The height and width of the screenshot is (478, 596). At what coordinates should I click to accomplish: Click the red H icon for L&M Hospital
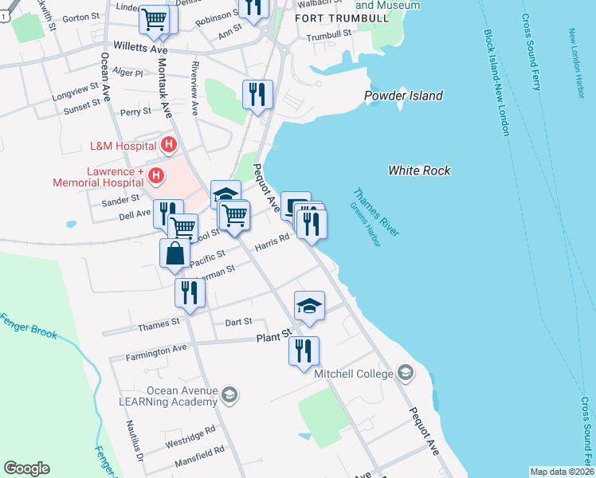pos(168,145)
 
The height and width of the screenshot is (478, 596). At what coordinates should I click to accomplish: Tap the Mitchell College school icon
pos(406,373)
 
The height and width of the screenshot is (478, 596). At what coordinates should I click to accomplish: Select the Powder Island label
pos(403,96)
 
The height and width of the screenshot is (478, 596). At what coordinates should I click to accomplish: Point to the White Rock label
pos(419,170)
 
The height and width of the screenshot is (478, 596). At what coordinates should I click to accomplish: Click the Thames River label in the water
pos(375,212)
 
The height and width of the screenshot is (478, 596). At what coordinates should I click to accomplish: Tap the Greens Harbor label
pos(366,224)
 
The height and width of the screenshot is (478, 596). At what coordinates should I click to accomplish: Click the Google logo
pos(26,468)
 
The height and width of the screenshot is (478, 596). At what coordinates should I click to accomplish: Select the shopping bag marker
pos(174,254)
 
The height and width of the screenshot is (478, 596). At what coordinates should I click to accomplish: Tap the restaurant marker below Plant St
pos(304,351)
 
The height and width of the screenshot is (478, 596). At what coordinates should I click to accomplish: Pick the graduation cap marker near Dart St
pos(309,305)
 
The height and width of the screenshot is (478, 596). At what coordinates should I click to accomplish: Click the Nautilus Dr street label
pos(136,445)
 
